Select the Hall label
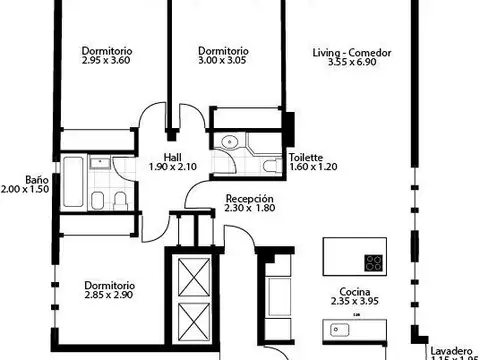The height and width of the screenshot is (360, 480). click(x=173, y=156)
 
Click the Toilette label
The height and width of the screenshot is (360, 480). click(x=306, y=157)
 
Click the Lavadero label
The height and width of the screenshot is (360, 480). click(x=451, y=351)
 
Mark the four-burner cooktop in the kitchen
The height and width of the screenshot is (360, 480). click(x=374, y=263)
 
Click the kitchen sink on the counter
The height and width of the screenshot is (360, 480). click(x=337, y=328)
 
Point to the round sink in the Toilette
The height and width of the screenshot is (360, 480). click(x=229, y=141)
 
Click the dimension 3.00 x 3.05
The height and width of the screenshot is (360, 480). click(x=223, y=61)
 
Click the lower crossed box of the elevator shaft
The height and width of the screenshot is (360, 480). click(x=188, y=322)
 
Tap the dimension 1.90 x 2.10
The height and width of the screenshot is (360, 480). click(x=173, y=167)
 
